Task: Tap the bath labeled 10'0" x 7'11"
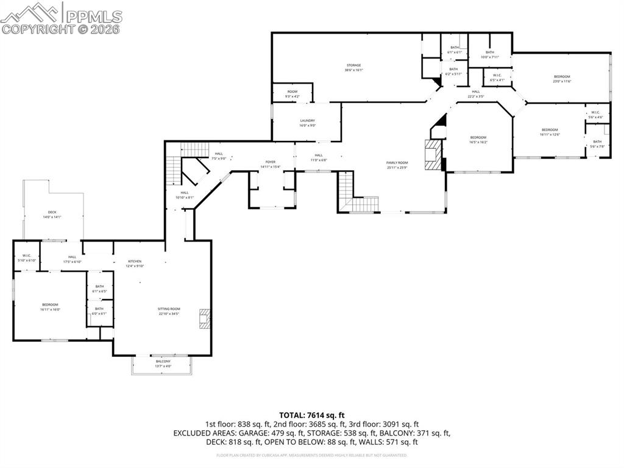(x=490, y=55)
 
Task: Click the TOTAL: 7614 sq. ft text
(x=311, y=414)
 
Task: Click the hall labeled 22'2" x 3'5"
(x=475, y=94)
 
